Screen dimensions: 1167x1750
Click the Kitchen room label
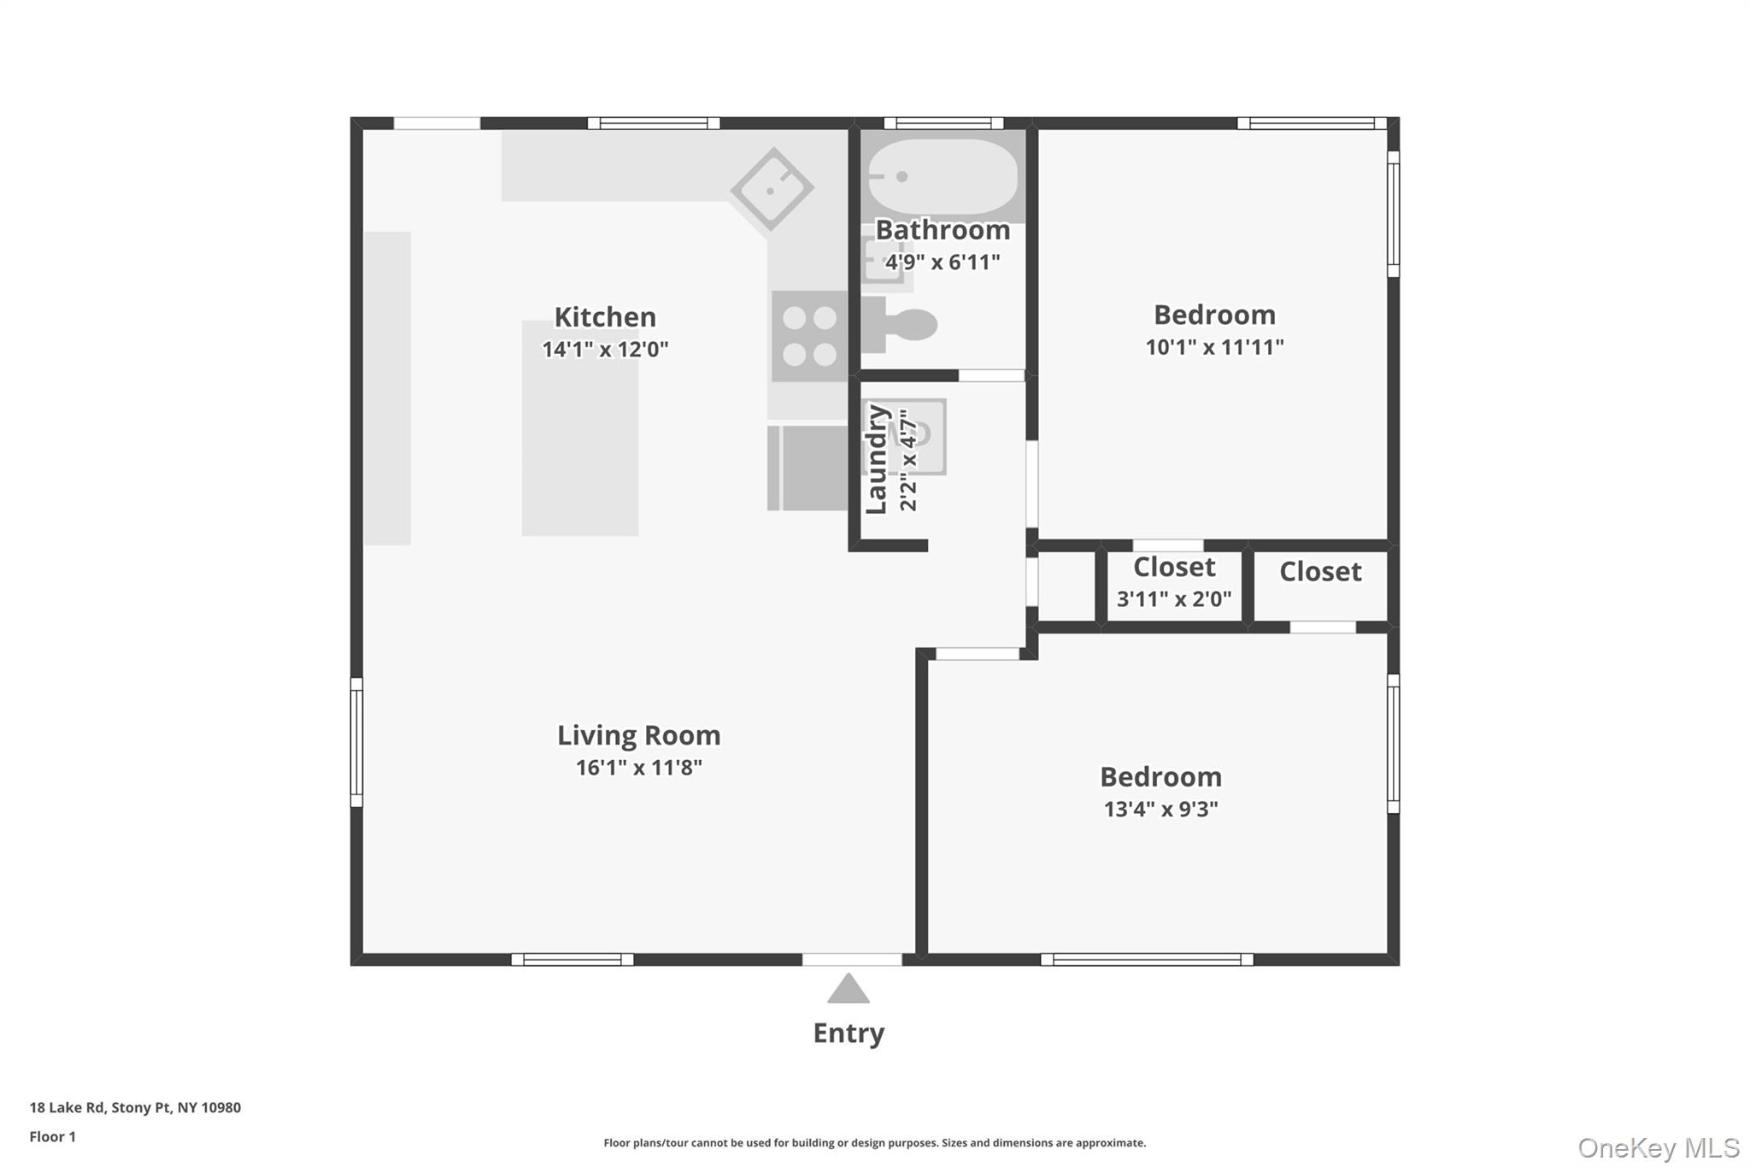pyautogui.click(x=605, y=317)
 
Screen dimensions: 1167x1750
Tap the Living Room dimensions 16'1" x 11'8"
pyautogui.click(x=638, y=768)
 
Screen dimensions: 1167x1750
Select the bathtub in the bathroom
pyautogui.click(x=942, y=176)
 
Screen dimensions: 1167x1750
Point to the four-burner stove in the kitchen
pyautogui.click(x=810, y=336)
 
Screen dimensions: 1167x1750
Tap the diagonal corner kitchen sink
pyautogui.click(x=772, y=189)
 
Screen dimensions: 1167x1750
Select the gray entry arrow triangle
pyautogui.click(x=848, y=990)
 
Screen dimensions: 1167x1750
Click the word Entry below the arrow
pyautogui.click(x=848, y=1033)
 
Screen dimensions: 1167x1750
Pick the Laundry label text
pyautogui.click(x=876, y=459)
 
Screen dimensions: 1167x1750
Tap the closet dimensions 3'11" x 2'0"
pyautogui.click(x=1174, y=599)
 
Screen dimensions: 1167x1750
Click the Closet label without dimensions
pyautogui.click(x=1319, y=571)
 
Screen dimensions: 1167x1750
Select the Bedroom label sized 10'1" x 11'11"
pyautogui.click(x=1214, y=315)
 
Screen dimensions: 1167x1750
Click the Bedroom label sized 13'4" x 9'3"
pyautogui.click(x=1160, y=776)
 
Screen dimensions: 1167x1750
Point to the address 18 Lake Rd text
pyautogui.click(x=135, y=1107)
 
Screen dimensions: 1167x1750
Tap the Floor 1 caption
pyautogui.click(x=52, y=1136)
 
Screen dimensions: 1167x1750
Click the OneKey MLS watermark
pyautogui.click(x=1658, y=1147)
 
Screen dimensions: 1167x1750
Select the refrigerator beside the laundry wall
pyautogui.click(x=809, y=468)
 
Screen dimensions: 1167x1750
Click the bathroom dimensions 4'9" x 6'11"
pyautogui.click(x=942, y=262)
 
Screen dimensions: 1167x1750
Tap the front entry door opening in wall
pyautogui.click(x=851, y=959)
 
